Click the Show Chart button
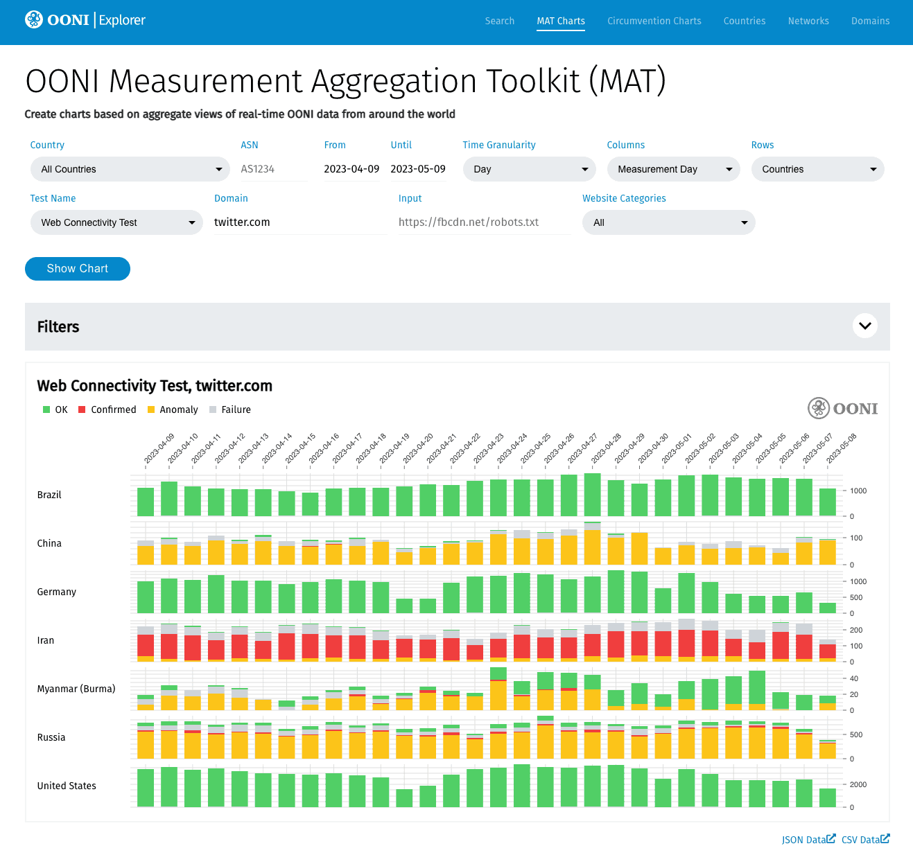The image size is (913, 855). tap(77, 268)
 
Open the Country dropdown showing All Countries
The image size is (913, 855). tap(130, 169)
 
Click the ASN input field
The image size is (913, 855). tap(274, 169)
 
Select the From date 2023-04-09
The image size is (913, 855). tap(351, 169)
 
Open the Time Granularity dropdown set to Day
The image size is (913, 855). tap(529, 169)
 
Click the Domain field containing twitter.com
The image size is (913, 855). tap(301, 222)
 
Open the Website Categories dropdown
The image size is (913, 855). tap(669, 222)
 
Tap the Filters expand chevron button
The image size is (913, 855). tap(864, 326)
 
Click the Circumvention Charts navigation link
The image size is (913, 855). tap(654, 21)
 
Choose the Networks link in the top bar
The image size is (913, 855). tap(808, 21)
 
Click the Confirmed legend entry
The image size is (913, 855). tap(107, 409)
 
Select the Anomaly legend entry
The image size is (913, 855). tap(173, 409)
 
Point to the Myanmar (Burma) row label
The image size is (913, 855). tap(76, 689)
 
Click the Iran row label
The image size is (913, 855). tap(46, 640)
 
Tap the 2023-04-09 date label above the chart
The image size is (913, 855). tap(159, 449)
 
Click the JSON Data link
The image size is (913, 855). tap(808, 840)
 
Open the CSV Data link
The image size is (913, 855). tap(866, 840)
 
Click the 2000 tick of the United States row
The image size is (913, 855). tap(858, 784)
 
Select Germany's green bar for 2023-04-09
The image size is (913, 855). tap(146, 597)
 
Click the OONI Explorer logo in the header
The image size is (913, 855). tap(85, 20)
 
